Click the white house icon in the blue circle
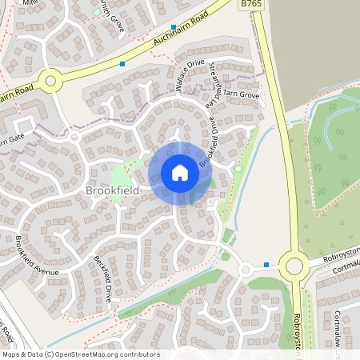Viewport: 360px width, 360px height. pos(179,173)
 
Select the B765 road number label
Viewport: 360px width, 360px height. pos(252,5)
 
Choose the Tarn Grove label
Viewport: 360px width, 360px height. pos(242,95)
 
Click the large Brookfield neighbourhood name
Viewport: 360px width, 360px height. pos(112,190)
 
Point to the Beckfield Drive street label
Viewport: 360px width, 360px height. pos(103,279)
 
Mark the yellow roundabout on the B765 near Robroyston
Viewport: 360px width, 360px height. pos(294,265)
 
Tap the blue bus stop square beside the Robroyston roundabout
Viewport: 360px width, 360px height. pos(266,265)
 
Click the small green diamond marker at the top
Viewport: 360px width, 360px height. pos(97,12)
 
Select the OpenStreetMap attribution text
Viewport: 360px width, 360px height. pos(80,354)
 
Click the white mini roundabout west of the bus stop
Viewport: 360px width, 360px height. pos(246,270)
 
